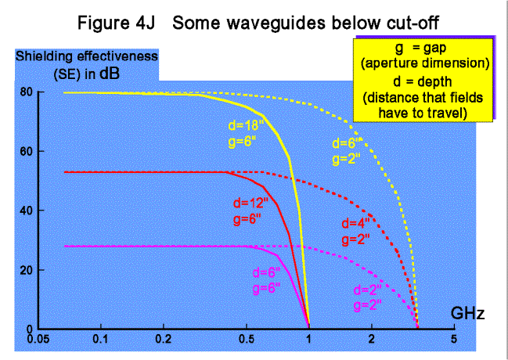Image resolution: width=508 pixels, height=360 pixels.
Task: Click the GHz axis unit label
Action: point(469,315)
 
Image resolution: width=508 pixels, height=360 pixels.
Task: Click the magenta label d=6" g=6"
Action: point(268,279)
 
